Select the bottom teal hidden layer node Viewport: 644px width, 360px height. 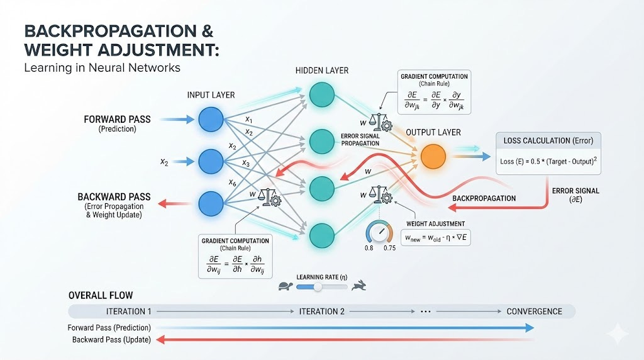(x=321, y=233)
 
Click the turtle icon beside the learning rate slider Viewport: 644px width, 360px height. (x=285, y=287)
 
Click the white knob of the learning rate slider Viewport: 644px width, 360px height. (x=318, y=287)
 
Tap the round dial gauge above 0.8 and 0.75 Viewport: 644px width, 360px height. (x=379, y=233)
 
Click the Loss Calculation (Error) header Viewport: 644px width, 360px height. (x=549, y=140)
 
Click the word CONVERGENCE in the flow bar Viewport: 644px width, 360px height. (x=534, y=312)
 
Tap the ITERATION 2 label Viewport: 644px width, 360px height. (x=322, y=312)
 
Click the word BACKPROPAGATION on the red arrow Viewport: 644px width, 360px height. (x=484, y=198)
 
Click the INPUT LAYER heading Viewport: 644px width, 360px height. (x=211, y=95)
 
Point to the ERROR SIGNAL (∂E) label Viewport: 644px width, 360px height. (x=575, y=194)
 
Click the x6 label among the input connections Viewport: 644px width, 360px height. (x=233, y=182)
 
